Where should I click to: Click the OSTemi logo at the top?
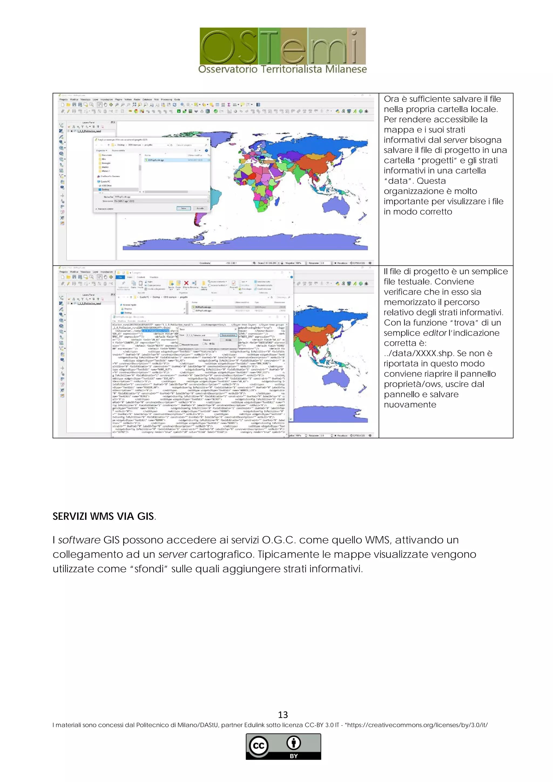(283, 46)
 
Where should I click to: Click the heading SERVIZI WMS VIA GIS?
(103, 516)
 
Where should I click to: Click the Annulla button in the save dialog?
(200, 208)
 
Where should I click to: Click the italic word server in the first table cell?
(455, 140)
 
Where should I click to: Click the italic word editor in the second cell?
(434, 333)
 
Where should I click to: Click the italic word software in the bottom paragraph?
(79, 540)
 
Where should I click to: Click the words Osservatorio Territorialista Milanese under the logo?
(283, 69)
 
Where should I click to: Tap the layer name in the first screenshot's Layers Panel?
(89, 131)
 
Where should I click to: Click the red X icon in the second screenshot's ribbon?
(186, 283)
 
